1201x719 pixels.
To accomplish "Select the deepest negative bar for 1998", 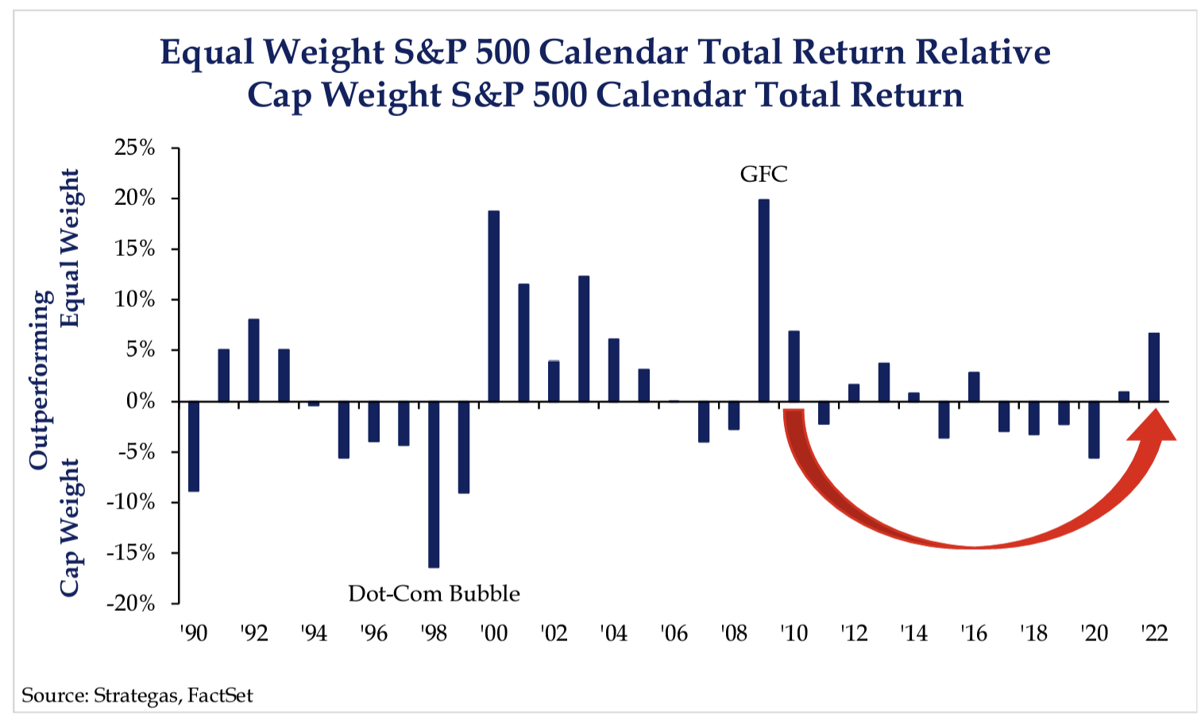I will pyautogui.click(x=434, y=485).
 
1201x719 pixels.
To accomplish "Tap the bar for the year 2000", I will pyautogui.click(x=493, y=306).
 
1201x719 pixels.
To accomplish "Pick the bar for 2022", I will pyautogui.click(x=1153, y=367).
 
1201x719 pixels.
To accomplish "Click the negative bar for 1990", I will pyautogui.click(x=194, y=446).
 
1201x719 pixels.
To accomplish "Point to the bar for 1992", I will pyautogui.click(x=253, y=360).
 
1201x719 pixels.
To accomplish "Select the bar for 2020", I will pyautogui.click(x=1094, y=430).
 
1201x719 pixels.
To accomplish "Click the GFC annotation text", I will pyautogui.click(x=763, y=174).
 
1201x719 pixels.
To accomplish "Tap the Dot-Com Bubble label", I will pyautogui.click(x=434, y=593).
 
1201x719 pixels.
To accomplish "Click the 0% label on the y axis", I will pyautogui.click(x=140, y=401).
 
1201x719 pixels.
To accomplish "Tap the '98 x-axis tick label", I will pyautogui.click(x=434, y=633).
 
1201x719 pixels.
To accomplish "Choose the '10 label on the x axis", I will pyautogui.click(x=793, y=633).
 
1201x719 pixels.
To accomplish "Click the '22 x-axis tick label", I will pyautogui.click(x=1153, y=633).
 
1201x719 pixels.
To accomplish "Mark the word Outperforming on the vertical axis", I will pyautogui.click(x=40, y=380).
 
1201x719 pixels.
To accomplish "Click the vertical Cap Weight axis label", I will pyautogui.click(x=70, y=527).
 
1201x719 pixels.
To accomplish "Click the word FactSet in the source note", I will pyautogui.click(x=220, y=696).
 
